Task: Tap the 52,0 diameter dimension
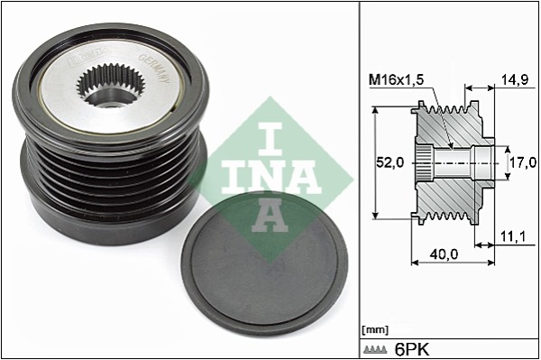pos(390,162)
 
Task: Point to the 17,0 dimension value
pos(524,162)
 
